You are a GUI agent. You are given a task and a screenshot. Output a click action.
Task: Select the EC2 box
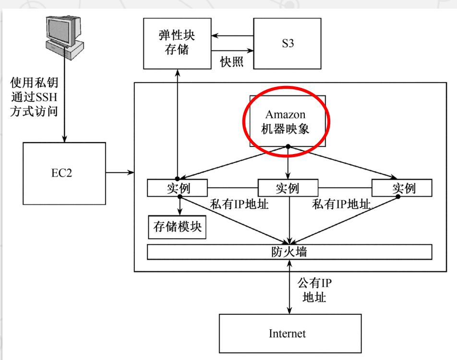(x=64, y=173)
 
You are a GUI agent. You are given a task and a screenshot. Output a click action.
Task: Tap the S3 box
(x=287, y=44)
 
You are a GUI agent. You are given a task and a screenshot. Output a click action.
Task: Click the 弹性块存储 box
(x=177, y=43)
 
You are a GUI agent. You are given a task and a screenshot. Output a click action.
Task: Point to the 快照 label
(x=232, y=62)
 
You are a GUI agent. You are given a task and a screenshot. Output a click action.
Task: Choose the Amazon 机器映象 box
(x=287, y=121)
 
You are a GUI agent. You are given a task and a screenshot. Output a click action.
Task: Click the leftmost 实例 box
(x=177, y=188)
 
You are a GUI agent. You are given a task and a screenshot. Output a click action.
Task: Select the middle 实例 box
(x=288, y=188)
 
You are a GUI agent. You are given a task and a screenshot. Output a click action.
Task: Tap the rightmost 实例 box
(x=402, y=188)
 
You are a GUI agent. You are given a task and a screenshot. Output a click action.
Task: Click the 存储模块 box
(x=177, y=227)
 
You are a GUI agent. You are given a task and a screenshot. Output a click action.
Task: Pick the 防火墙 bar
(x=289, y=252)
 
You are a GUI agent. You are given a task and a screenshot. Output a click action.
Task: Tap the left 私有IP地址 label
(x=239, y=204)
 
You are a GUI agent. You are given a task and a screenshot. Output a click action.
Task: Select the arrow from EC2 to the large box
(x=120, y=172)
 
